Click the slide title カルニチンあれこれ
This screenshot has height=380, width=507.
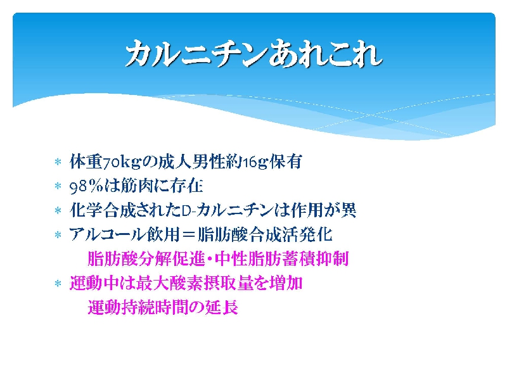point(254,54)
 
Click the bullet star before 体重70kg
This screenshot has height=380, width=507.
point(58,161)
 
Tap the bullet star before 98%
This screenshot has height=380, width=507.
point(58,186)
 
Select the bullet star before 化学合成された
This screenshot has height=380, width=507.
point(58,211)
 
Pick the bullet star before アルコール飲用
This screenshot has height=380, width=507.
point(58,234)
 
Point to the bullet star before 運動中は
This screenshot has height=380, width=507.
point(58,284)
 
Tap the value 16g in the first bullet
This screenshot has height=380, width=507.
point(255,162)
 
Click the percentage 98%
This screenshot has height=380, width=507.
point(86,186)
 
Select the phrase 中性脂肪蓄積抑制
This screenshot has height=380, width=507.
point(282,259)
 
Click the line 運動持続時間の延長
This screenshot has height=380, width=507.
point(163,307)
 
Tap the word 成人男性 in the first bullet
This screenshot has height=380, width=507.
point(192,162)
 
